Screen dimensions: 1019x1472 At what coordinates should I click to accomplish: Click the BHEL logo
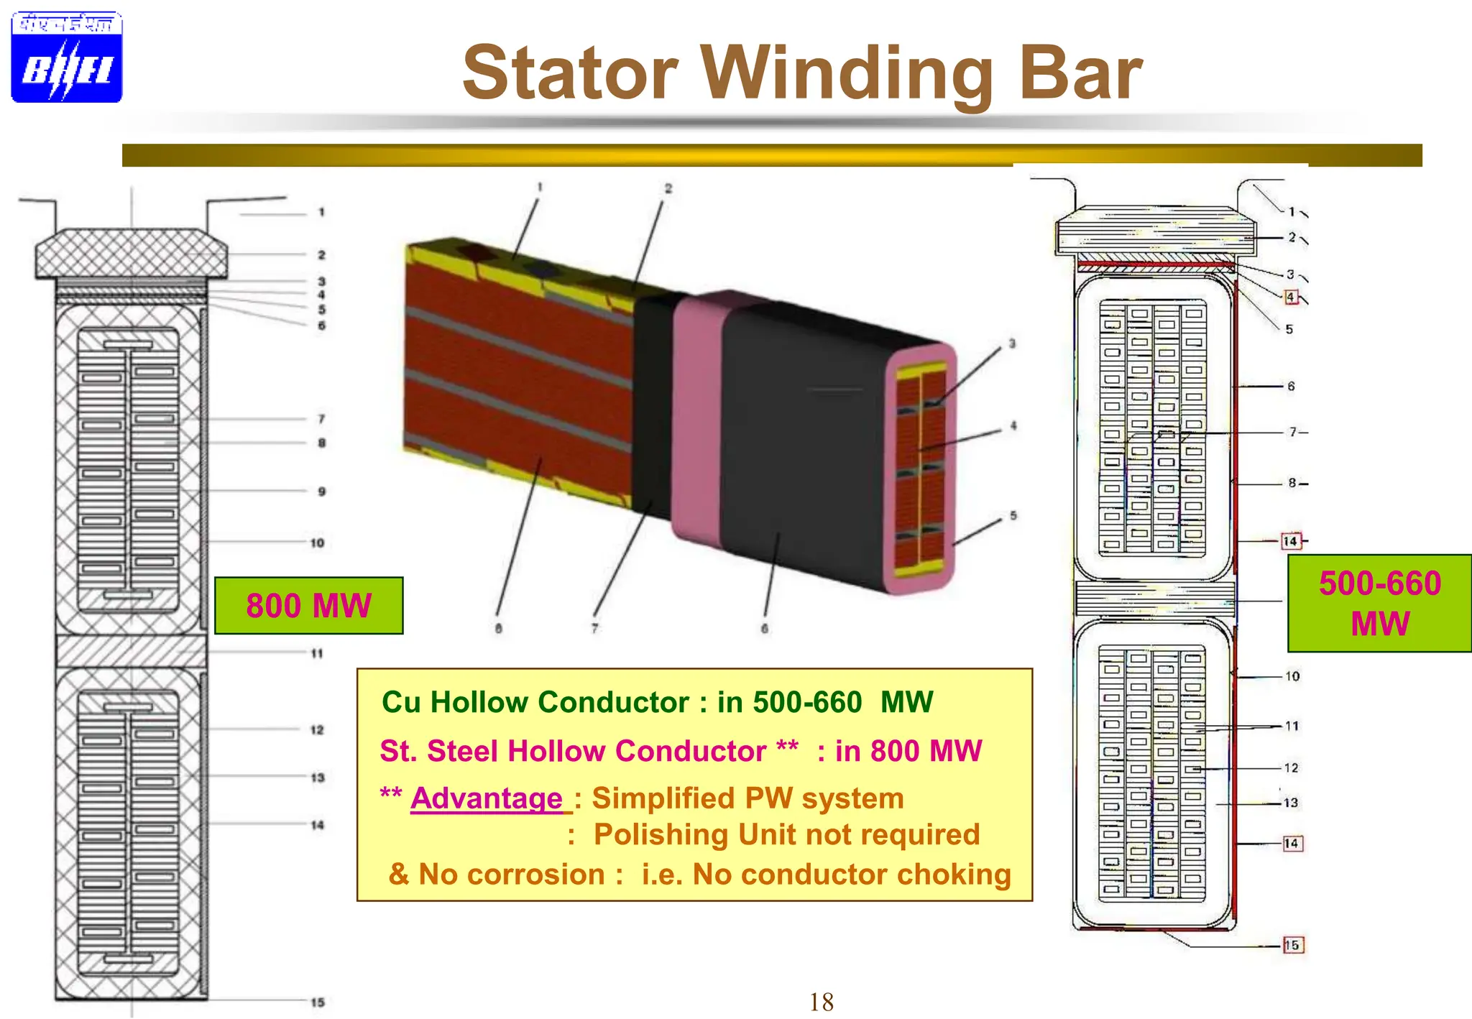tap(67, 57)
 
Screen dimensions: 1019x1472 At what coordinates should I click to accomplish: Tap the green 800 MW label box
tap(309, 606)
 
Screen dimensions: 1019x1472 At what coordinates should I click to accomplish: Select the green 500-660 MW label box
tap(1379, 604)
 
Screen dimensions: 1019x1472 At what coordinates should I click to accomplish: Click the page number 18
tap(821, 1002)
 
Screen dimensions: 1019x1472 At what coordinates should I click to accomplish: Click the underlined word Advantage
tap(487, 798)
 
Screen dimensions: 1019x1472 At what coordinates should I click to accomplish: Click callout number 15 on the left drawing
tap(318, 1002)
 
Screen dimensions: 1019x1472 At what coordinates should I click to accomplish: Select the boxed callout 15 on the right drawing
tap(1292, 945)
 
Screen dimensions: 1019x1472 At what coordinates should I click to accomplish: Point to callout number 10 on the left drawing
tap(317, 543)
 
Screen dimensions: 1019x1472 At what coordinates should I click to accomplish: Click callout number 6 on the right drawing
tap(1291, 386)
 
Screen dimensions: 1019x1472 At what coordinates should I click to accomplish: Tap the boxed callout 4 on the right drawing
tap(1291, 297)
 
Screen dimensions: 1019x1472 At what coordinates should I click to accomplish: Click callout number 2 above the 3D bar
tap(668, 188)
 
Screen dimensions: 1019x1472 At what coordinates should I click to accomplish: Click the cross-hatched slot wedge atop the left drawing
tap(132, 253)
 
